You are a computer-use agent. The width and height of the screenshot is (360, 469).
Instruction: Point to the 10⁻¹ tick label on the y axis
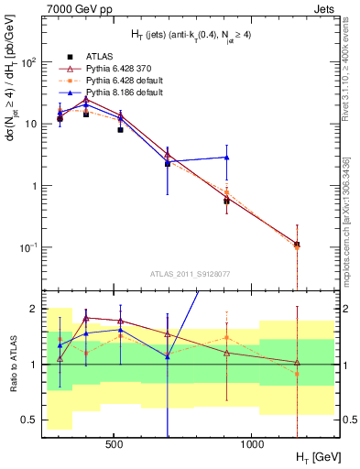point(28,247)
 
